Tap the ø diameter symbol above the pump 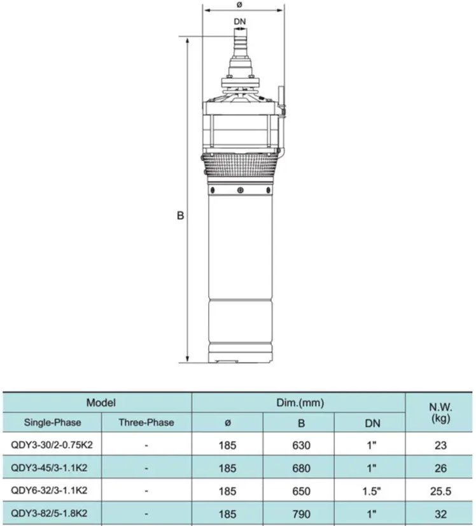coord(240,5)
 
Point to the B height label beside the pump coord(180,216)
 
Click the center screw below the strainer coord(240,190)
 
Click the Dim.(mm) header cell coord(298,402)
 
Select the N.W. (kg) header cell coord(440,412)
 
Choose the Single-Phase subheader coord(53,422)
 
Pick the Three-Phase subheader coord(146,422)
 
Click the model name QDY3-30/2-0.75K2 coord(53,445)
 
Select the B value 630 coord(302,446)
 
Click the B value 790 coord(302,513)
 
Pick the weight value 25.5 coord(440,491)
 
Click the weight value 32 coord(440,513)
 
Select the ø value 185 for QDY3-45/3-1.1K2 coord(227,468)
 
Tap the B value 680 coord(302,468)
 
